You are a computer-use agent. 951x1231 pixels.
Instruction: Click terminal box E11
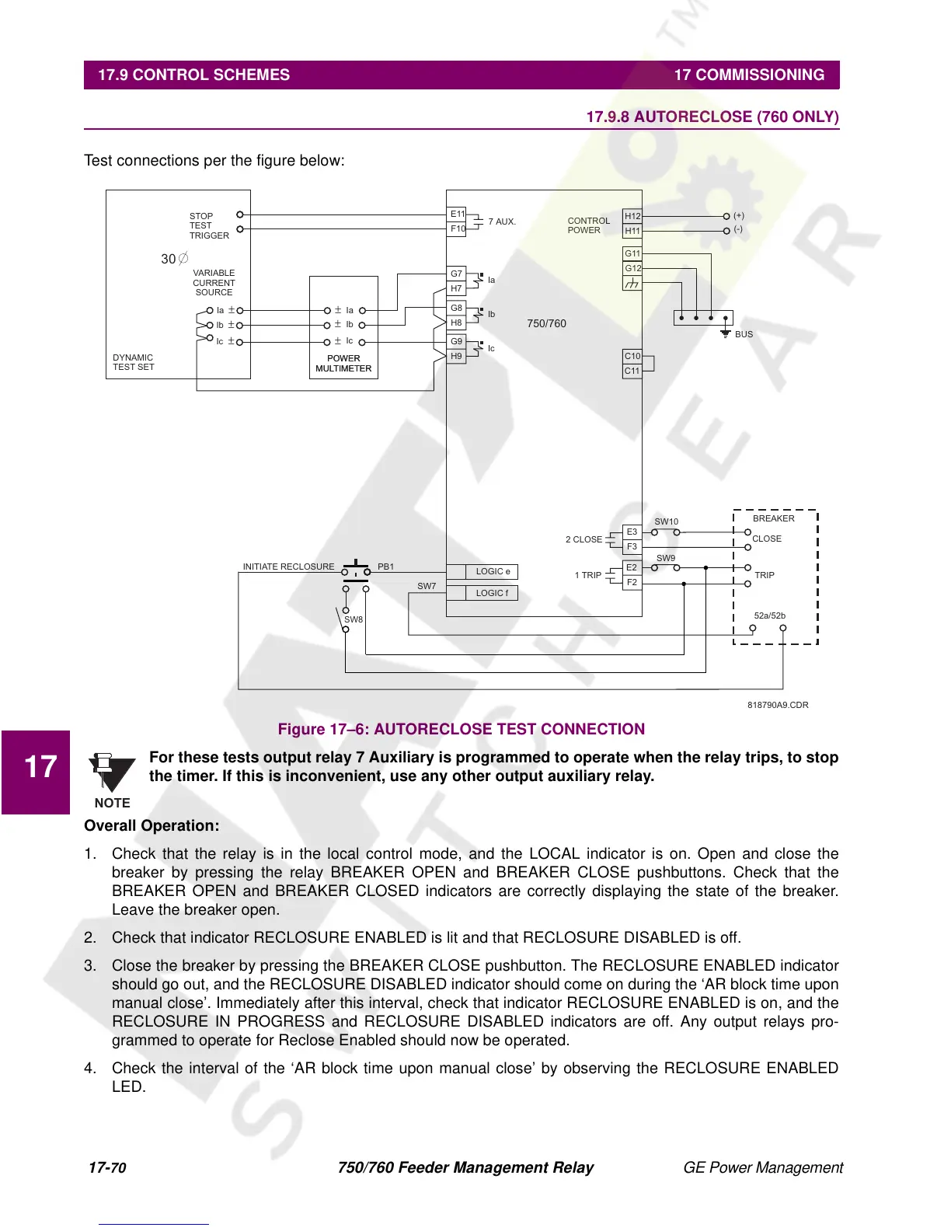(x=457, y=214)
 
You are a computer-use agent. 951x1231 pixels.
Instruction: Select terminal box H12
(x=632, y=216)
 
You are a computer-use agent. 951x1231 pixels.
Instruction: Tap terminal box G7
(x=456, y=274)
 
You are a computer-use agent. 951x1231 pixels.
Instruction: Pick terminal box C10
(x=632, y=356)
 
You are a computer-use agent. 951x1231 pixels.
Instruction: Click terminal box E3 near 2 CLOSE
(x=632, y=532)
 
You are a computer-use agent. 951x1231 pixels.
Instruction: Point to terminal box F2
(x=632, y=582)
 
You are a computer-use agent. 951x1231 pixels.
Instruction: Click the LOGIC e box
(x=493, y=571)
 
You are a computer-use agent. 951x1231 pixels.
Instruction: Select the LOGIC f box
(x=492, y=593)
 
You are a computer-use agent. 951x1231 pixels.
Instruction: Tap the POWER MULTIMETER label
(x=343, y=364)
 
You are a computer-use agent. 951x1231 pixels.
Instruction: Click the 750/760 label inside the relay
(x=546, y=323)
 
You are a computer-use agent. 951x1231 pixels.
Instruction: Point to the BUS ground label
(x=744, y=334)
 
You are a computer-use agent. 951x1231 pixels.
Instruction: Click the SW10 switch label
(x=666, y=521)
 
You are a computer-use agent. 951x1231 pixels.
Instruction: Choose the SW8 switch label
(x=354, y=619)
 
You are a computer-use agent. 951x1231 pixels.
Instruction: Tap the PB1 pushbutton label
(x=385, y=567)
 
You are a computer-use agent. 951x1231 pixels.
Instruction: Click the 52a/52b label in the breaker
(x=769, y=615)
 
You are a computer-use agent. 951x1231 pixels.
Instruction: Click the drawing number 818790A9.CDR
(x=778, y=705)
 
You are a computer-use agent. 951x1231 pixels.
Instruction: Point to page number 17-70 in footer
(x=107, y=1167)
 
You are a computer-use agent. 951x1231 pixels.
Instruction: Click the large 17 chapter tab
(x=40, y=767)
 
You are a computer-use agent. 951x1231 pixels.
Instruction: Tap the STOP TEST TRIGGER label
(x=208, y=225)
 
